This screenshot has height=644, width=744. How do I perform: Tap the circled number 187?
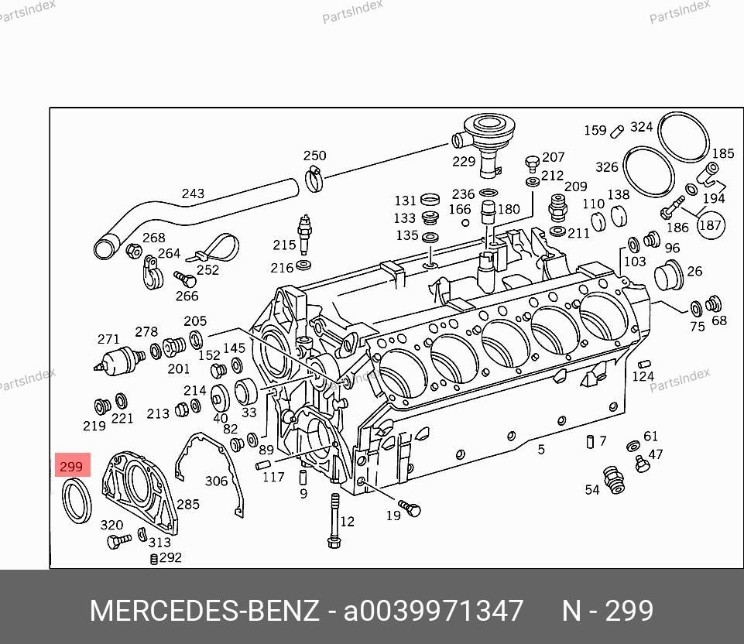tap(710, 225)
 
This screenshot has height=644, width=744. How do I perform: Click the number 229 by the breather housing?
tap(464, 162)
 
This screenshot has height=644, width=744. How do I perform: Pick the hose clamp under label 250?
tap(314, 180)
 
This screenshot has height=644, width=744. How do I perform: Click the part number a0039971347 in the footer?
tap(434, 611)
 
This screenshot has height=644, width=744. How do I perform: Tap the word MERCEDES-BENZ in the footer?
tap(204, 611)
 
